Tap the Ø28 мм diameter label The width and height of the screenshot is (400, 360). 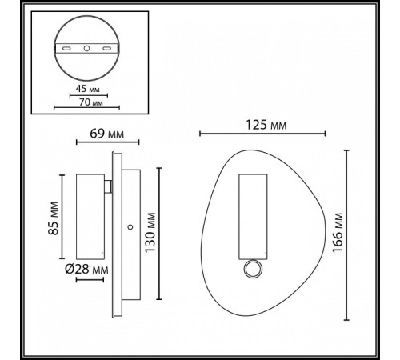point(86,270)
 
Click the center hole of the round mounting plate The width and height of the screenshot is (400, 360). point(86,50)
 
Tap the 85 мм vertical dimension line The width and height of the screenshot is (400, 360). point(61,215)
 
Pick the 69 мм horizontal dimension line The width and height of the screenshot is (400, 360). point(95,142)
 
